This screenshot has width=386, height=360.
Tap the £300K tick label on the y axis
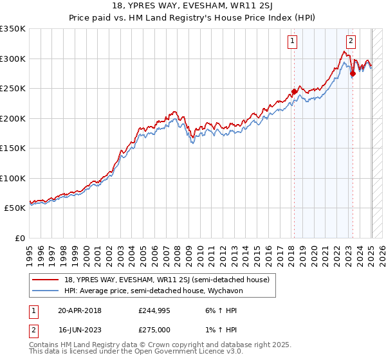(x=13, y=59)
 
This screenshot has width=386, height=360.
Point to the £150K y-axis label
(x=13, y=148)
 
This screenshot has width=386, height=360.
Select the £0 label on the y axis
(x=19, y=238)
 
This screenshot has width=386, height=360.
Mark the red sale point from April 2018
(x=294, y=91)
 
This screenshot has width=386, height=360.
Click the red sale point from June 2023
(x=353, y=73)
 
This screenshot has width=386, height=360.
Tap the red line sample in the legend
(x=44, y=280)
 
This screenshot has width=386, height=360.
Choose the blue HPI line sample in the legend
(x=44, y=290)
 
